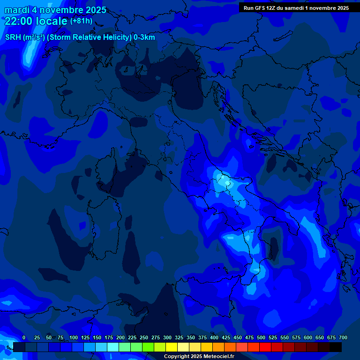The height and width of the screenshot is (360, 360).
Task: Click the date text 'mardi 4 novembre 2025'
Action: pos(55,10)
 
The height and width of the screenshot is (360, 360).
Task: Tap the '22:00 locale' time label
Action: pos(36,21)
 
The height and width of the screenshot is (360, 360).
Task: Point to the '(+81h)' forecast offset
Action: pos(81,21)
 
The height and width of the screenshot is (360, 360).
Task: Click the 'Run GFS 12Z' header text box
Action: pos(296,8)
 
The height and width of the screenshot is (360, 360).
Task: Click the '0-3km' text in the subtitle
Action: pos(144,37)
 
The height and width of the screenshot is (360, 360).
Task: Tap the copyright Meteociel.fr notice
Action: pos(199,356)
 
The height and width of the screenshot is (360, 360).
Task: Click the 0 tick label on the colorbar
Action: pos(24,337)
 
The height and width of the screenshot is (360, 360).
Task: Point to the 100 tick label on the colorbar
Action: pos(74,337)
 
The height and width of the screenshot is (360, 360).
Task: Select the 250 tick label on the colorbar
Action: pos(144,337)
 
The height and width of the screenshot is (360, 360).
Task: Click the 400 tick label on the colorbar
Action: pos(214,337)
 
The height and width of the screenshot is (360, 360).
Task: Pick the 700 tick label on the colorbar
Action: pos(343,337)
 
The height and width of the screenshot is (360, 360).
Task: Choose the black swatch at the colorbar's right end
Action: pos(336,347)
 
